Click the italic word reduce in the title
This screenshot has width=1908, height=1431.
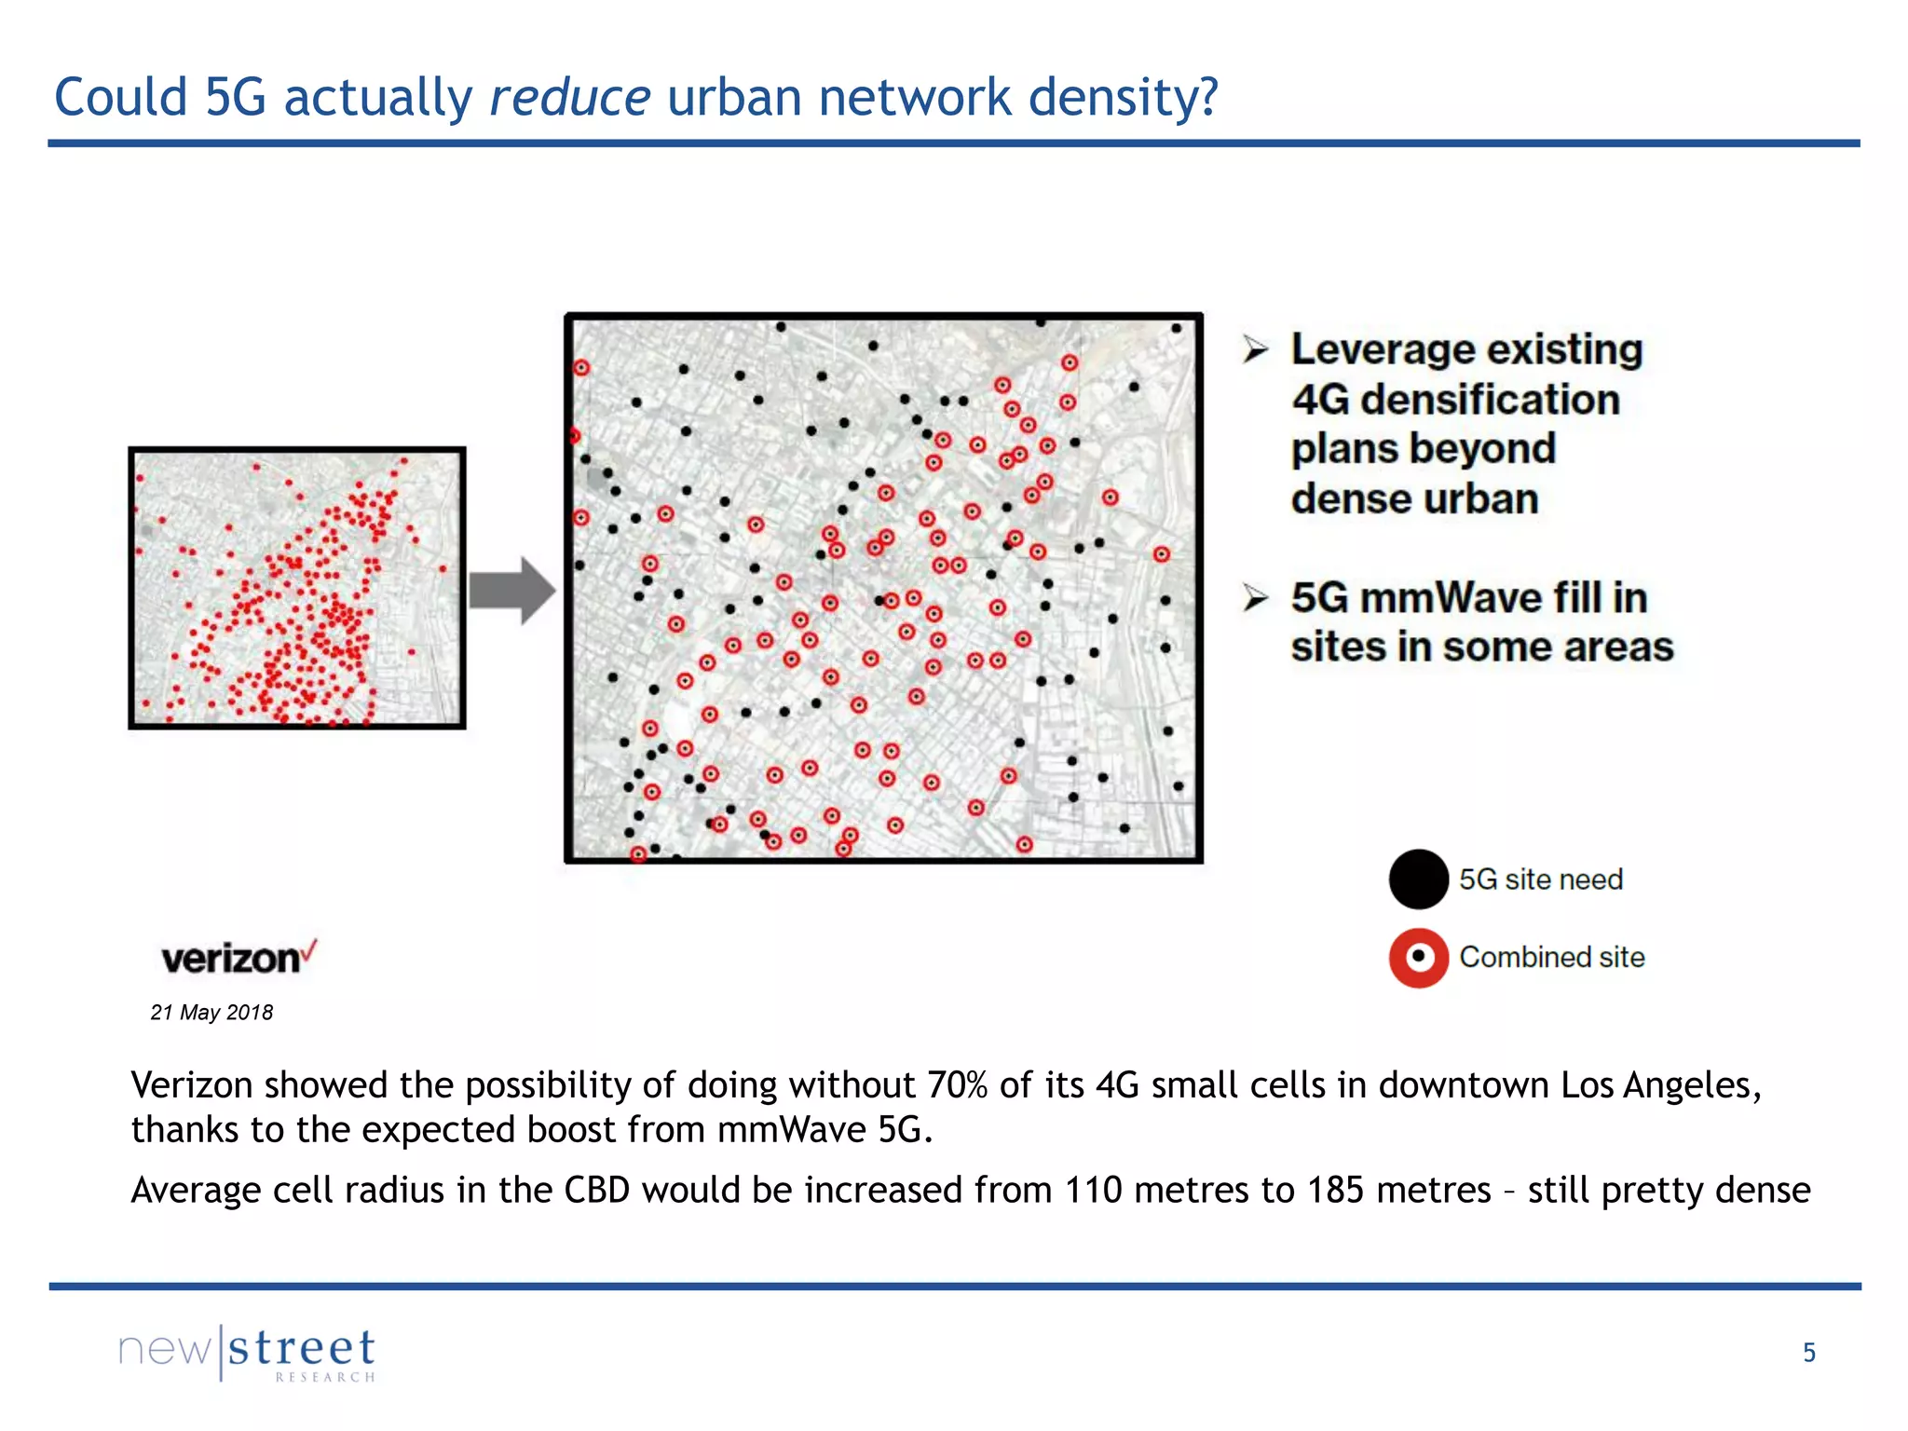tap(569, 97)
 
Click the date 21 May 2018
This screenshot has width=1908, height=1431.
tap(211, 1013)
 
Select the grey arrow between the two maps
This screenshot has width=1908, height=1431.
tap(511, 591)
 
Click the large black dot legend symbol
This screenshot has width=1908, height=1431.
tap(1418, 879)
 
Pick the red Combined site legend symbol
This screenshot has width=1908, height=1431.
tap(1418, 958)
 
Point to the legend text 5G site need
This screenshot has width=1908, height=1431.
tap(1540, 879)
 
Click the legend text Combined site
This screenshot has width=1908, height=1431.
tap(1551, 958)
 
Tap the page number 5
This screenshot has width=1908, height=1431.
tap(1808, 1353)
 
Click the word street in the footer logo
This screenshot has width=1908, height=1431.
tap(302, 1349)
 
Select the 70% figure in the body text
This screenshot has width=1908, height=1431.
tap(957, 1086)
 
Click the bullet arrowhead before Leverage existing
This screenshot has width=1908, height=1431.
tap(1256, 350)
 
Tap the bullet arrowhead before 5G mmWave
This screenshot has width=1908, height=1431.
tap(1256, 598)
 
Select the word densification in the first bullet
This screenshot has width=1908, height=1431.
tap(1490, 400)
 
